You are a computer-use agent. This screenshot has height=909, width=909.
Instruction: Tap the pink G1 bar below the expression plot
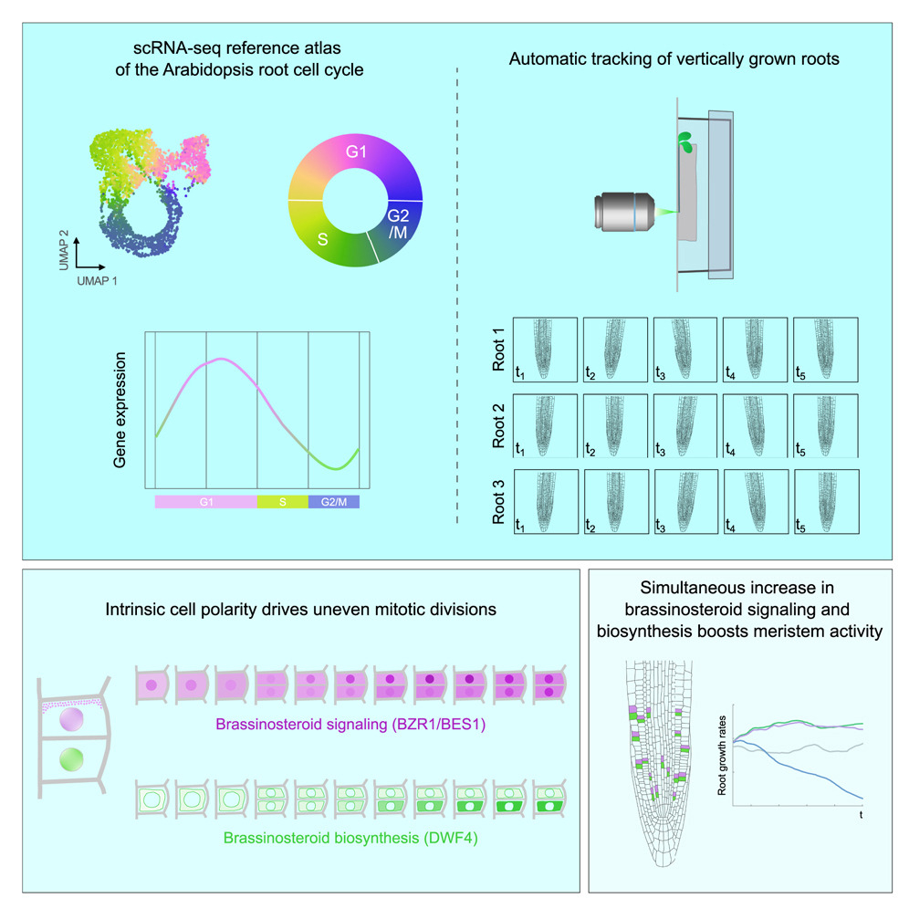(205, 502)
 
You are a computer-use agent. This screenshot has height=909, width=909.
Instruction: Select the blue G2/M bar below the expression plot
(334, 502)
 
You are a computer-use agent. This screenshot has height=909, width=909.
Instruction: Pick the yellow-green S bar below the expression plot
(283, 502)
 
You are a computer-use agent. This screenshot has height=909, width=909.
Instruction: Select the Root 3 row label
(499, 501)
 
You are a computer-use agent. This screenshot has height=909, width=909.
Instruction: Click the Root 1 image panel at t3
(684, 349)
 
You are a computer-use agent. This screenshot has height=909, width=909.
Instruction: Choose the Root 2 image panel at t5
(825, 424)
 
